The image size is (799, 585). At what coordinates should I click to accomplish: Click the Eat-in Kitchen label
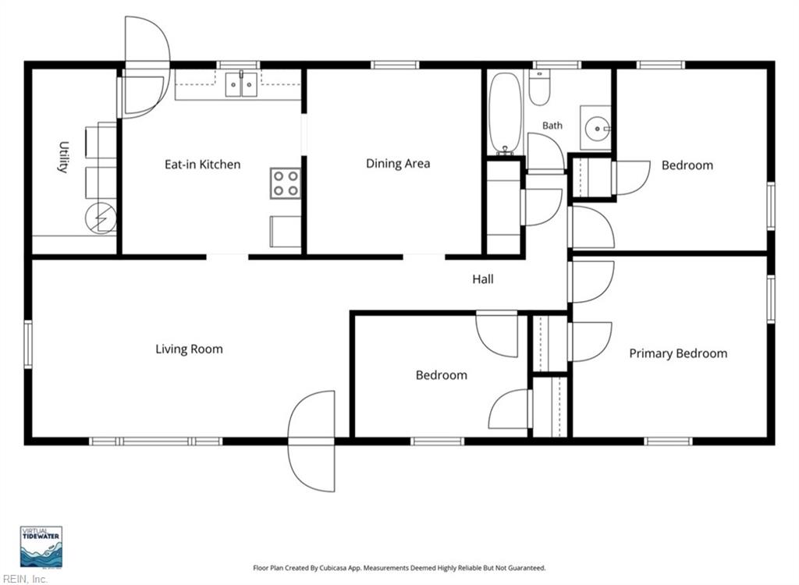click(202, 165)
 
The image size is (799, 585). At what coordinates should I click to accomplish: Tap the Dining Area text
click(398, 164)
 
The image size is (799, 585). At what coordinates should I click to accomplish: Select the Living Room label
click(189, 349)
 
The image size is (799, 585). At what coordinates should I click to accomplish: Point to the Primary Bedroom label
click(678, 353)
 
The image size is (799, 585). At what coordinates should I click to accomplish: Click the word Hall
click(482, 279)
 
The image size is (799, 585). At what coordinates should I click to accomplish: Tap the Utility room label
click(62, 157)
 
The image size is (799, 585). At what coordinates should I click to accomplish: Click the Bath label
click(552, 126)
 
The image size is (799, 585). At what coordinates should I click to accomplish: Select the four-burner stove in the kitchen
click(286, 183)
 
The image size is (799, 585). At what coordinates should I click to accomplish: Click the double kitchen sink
click(241, 84)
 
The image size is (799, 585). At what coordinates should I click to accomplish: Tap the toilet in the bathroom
click(539, 87)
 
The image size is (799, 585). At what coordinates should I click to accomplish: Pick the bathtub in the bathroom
click(505, 113)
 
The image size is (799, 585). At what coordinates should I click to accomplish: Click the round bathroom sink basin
click(595, 129)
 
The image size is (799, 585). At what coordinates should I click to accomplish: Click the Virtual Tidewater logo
click(41, 547)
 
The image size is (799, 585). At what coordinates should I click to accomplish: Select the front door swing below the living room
click(311, 441)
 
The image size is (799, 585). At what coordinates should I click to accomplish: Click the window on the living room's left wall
click(28, 344)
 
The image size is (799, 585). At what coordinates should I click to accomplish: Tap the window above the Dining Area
click(394, 65)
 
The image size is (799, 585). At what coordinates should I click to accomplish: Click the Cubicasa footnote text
click(399, 568)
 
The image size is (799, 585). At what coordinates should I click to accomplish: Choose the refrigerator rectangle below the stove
click(286, 232)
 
